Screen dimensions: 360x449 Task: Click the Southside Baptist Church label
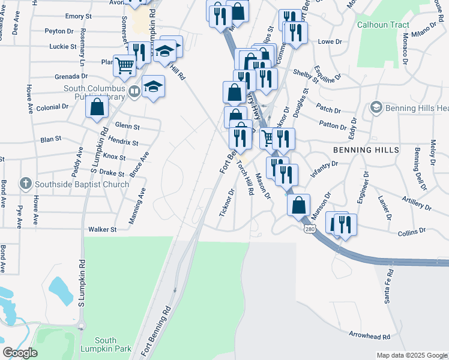[x=82, y=184]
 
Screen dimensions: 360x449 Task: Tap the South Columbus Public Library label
[x=94, y=93]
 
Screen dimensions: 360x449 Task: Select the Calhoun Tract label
[x=383, y=25]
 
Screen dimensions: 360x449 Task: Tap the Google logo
[x=20, y=352]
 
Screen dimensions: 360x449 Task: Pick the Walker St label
[x=102, y=229]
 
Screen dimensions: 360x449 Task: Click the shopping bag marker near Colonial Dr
[x=97, y=109]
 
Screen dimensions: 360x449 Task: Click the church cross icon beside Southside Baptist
[x=25, y=183]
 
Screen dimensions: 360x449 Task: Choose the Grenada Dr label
[x=71, y=76]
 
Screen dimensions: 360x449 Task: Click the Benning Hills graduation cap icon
[x=376, y=107]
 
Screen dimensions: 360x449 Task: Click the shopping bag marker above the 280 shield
[x=298, y=205]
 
